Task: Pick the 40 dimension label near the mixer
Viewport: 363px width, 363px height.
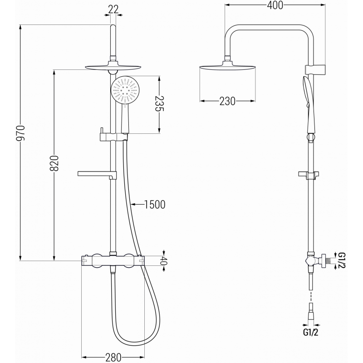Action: point(165,261)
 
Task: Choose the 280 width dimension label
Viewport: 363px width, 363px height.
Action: point(113,357)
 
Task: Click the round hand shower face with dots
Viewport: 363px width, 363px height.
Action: point(124,90)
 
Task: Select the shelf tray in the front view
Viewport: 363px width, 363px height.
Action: point(96,173)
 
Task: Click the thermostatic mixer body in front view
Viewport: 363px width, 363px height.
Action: point(112,260)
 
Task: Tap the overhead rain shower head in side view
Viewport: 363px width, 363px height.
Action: point(227,69)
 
